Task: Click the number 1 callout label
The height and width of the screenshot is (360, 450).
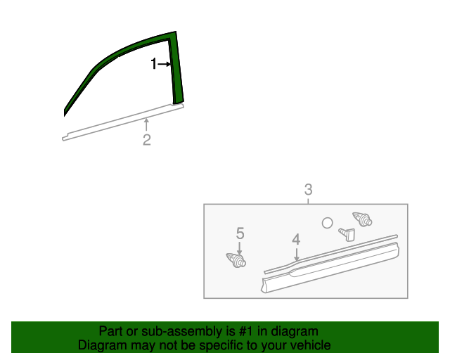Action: tap(154, 64)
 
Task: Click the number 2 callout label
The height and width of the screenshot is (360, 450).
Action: tap(146, 140)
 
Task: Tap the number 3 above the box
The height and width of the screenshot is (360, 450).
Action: tap(308, 190)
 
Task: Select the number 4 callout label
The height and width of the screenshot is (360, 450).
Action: tap(296, 239)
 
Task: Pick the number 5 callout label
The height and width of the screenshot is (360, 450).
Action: tap(240, 233)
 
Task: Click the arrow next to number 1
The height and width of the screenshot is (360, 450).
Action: tap(165, 64)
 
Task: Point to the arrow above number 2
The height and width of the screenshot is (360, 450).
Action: tap(146, 125)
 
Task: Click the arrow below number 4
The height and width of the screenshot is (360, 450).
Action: tap(296, 254)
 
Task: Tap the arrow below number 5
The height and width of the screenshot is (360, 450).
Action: tap(240, 247)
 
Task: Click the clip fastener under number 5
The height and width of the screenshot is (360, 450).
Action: tap(238, 260)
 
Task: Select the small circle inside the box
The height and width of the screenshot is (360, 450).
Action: tap(327, 222)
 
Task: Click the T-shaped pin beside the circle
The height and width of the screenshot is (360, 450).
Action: tap(347, 233)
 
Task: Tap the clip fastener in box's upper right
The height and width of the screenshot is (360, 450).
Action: tap(361, 218)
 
